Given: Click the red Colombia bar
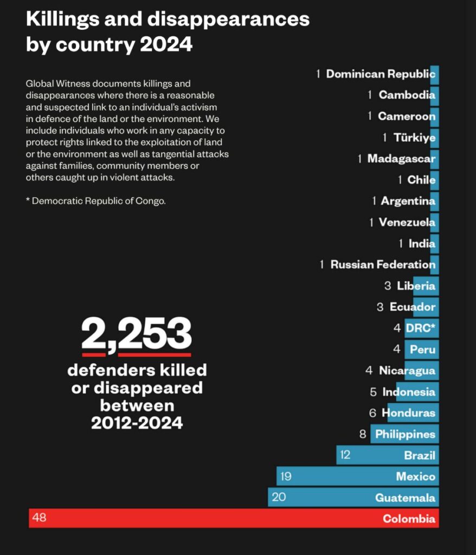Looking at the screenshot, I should [233, 518].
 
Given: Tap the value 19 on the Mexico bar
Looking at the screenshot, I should [286, 476].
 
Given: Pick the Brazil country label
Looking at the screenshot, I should [420, 455].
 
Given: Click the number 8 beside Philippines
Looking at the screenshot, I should [363, 434].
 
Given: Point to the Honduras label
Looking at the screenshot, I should [408, 413].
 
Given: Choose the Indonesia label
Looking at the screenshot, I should [409, 392].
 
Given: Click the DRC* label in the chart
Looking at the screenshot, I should [421, 328].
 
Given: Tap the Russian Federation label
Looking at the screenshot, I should [383, 264].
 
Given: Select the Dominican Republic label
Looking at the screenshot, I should [381, 74].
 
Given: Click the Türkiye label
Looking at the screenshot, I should [414, 138].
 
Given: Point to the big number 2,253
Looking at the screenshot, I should [137, 334].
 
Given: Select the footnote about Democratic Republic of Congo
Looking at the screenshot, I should [95, 201].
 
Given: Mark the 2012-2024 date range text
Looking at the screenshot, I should [137, 422].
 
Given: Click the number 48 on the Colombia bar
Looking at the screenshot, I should [39, 518].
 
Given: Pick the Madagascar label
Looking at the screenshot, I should [401, 159].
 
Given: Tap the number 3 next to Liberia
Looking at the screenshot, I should [388, 286].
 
